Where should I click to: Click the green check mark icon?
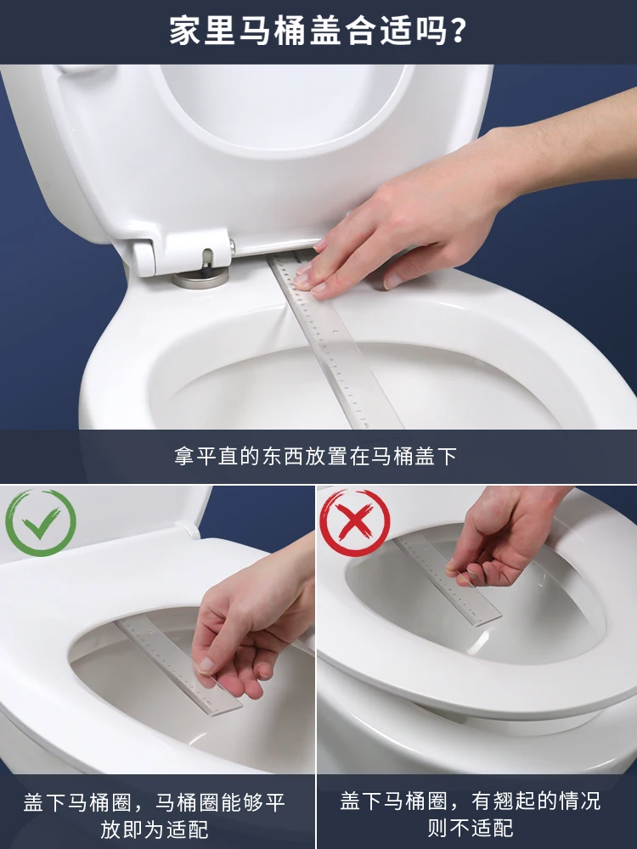41,522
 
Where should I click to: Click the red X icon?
355,522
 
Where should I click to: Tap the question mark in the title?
458,31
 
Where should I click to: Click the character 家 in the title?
185,31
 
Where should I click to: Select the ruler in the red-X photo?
448,580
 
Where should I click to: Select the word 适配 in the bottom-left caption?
188,829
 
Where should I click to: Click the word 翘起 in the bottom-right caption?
516,801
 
